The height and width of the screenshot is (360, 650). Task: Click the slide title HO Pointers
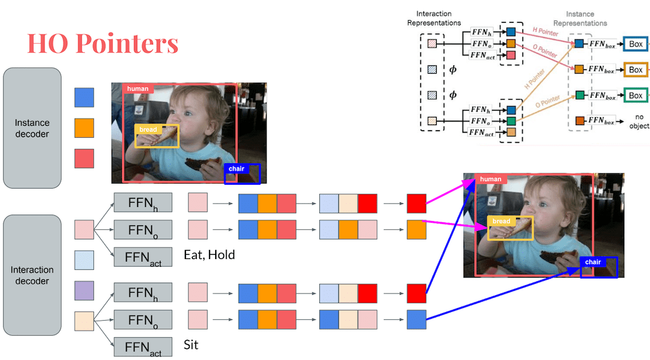click(102, 43)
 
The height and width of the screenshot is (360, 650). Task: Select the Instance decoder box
click(32, 128)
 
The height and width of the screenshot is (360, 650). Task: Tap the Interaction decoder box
click(32, 275)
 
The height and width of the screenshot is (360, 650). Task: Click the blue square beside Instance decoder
click(84, 97)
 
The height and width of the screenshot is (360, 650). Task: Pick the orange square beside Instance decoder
click(84, 128)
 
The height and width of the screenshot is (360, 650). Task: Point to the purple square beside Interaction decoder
click(84, 291)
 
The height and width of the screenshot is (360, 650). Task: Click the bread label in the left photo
click(148, 130)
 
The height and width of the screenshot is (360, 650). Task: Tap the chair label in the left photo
click(236, 169)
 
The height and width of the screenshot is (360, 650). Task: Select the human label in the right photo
click(491, 179)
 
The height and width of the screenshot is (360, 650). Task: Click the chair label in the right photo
click(593, 262)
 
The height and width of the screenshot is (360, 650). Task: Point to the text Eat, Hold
click(209, 255)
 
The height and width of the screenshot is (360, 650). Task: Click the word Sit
click(191, 345)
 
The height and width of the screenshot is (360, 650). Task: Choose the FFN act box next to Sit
click(143, 347)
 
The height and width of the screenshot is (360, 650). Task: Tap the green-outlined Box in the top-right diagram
click(635, 95)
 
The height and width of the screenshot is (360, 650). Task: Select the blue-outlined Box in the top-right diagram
click(635, 44)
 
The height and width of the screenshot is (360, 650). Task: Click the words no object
click(639, 121)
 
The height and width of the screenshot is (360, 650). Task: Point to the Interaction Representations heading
click(439, 18)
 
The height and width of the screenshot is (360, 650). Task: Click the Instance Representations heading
click(580, 18)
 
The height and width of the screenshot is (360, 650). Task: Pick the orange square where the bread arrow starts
click(416, 229)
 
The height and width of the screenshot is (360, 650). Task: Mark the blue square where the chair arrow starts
click(416, 319)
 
